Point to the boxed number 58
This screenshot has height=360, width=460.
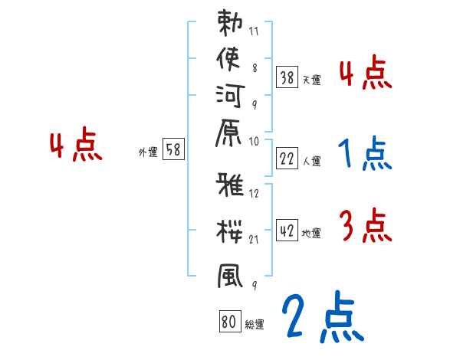click(173, 150)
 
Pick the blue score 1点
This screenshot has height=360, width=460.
click(364, 154)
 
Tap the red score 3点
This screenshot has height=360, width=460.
click(365, 226)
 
